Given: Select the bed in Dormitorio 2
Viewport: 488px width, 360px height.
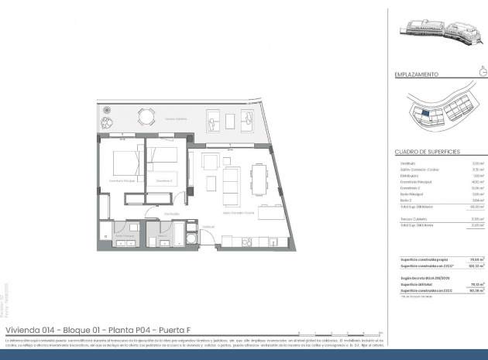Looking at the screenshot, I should click(164, 163).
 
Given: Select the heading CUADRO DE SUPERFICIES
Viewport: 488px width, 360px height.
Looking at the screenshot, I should click(428, 152).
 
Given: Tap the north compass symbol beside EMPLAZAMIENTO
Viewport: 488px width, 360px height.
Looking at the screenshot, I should click(483, 74).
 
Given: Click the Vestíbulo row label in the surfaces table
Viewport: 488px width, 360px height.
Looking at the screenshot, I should click(408, 163).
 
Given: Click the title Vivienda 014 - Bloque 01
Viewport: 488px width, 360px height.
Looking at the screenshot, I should click(85, 328).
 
